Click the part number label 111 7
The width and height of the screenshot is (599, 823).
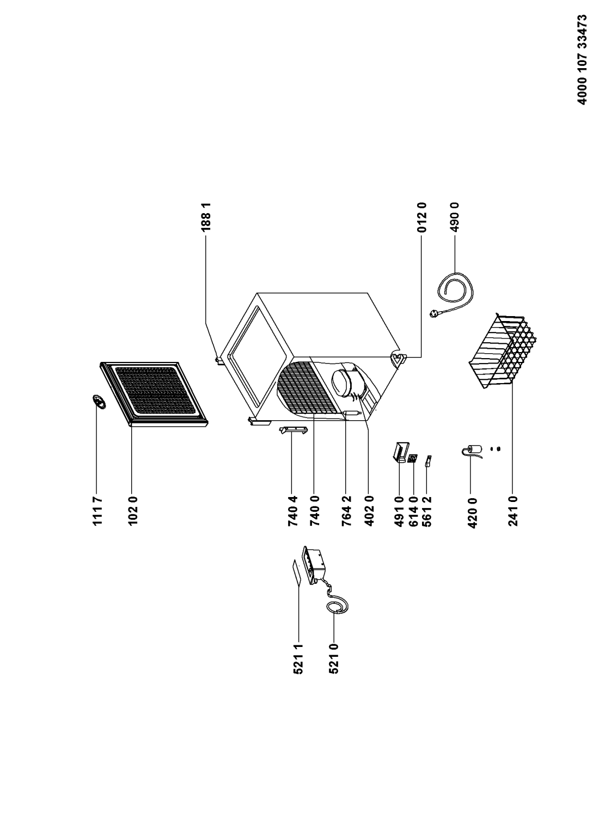click(97, 511)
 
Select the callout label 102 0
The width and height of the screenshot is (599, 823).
click(133, 511)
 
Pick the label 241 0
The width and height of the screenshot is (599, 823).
click(513, 511)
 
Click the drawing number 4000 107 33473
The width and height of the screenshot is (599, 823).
click(582, 59)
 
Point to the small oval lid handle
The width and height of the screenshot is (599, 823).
click(99, 401)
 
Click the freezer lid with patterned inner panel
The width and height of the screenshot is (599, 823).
click(154, 394)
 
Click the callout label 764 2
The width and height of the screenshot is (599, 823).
click(346, 511)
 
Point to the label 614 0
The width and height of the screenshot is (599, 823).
click(413, 511)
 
